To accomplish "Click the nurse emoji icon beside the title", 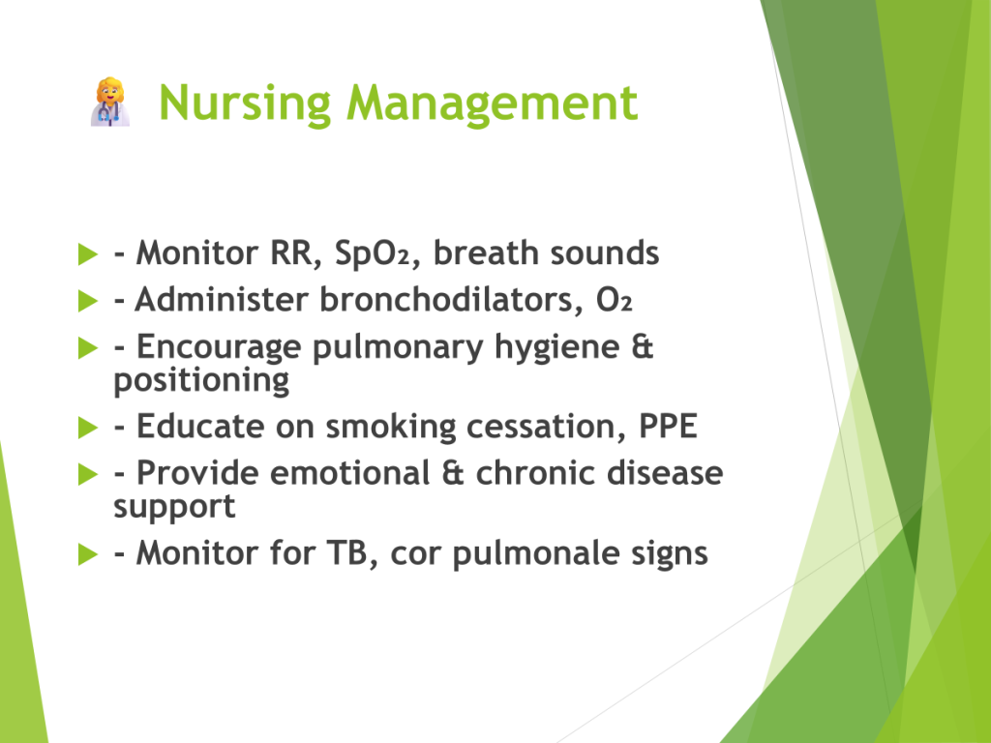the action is (110, 103).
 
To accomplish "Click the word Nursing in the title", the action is (245, 104).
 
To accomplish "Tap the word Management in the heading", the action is (493, 104).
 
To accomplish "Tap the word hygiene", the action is (556, 348).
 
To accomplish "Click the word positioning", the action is (201, 380).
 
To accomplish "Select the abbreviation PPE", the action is (668, 427).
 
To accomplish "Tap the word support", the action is (174, 507).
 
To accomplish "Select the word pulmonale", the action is (537, 554).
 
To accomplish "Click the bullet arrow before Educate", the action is (88, 428).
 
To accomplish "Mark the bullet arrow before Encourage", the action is (88, 347).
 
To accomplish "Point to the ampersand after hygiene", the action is (643, 347).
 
